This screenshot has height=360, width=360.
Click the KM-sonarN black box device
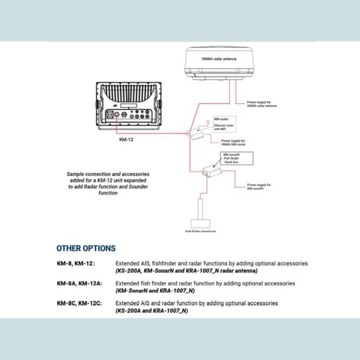point(211,171)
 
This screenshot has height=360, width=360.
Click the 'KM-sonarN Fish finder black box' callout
point(237,159)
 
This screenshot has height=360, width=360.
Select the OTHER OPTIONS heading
point(86,248)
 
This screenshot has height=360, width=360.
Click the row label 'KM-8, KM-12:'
point(76,263)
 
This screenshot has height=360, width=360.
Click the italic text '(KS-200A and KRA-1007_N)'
point(152,310)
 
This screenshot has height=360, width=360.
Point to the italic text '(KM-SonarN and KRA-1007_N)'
point(155,291)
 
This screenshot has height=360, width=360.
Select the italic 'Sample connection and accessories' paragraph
point(107,184)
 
